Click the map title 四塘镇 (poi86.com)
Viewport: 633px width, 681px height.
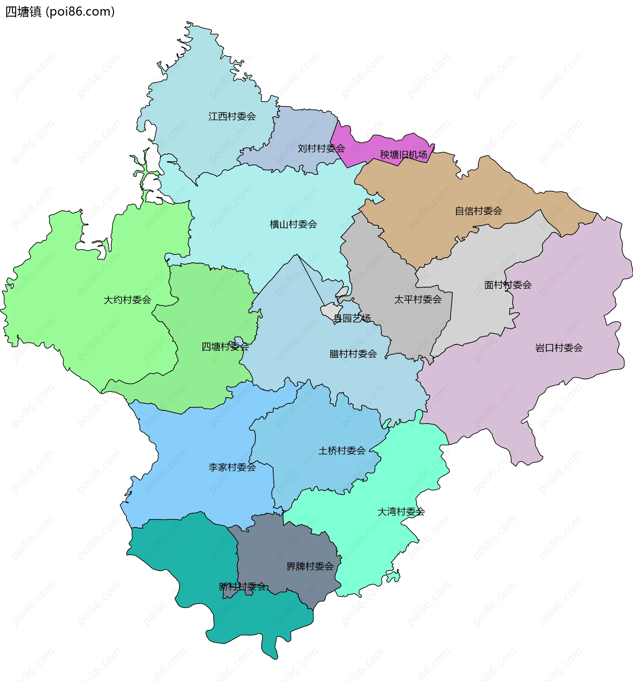pyautogui.click(x=60, y=12)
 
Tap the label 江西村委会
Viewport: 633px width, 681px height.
pyautogui.click(x=232, y=116)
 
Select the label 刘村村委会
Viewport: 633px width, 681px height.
pyautogui.click(x=321, y=148)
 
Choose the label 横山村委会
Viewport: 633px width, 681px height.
pyautogui.click(x=293, y=224)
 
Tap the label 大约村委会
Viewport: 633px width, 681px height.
pyautogui.click(x=127, y=300)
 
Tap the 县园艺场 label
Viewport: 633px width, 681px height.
pyautogui.click(x=351, y=318)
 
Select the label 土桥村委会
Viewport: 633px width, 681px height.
pyautogui.click(x=342, y=450)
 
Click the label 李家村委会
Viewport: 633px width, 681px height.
pyautogui.click(x=232, y=467)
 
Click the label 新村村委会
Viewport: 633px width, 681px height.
pyautogui.click(x=242, y=586)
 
